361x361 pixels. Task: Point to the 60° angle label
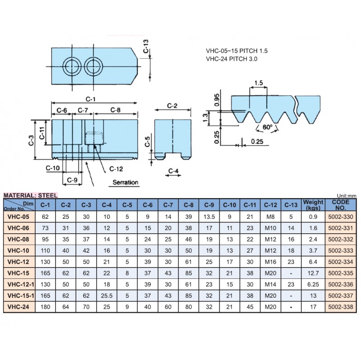pos(267,127)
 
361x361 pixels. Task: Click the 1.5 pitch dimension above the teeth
pos(258,83)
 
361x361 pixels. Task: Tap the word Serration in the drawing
pos(125,182)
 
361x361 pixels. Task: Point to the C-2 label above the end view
pos(172,106)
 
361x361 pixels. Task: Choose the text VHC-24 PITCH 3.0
pos(231,59)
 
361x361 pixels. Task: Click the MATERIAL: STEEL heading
pos(31,195)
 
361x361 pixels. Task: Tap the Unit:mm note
pos(347,195)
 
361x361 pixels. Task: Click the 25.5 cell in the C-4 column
pos(106,295)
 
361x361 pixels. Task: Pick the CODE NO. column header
pos(341,205)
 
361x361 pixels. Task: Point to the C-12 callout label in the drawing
pos(116,169)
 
